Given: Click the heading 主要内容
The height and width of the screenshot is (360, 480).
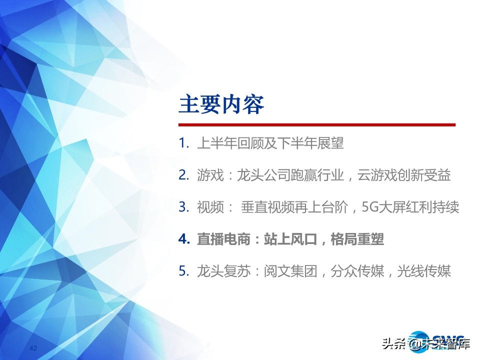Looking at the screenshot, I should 221,106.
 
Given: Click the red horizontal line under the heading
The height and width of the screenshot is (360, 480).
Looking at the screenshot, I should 317,124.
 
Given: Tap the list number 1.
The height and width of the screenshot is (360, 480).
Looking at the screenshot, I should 182,143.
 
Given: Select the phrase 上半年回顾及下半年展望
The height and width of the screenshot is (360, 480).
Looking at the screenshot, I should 270,143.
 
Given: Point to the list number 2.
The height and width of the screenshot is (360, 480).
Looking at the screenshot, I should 182,175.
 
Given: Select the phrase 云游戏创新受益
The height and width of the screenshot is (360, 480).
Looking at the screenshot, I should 404,175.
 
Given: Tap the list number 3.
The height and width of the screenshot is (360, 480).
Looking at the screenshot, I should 182,207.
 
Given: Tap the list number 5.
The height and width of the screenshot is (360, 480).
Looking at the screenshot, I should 182,271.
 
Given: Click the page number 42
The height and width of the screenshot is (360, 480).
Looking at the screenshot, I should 34,348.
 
